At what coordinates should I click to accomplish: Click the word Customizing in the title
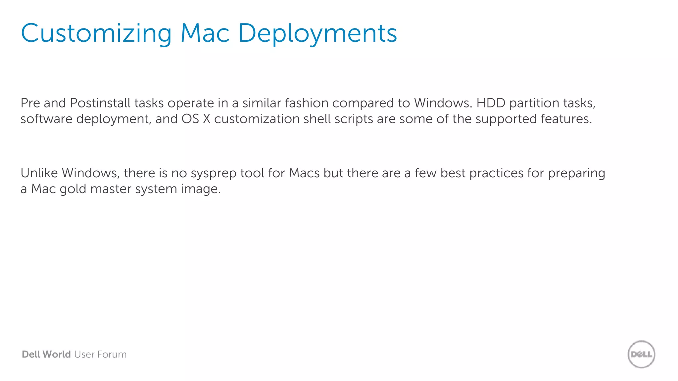coord(96,33)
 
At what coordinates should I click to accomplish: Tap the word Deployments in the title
coord(317,33)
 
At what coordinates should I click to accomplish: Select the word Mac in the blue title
coord(205,33)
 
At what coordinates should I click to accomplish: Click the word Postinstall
coord(100,103)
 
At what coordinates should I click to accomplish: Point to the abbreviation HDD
coord(491,103)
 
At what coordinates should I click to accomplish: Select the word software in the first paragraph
coord(46,119)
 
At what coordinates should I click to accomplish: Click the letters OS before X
coord(190,119)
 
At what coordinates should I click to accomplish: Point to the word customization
coord(257,119)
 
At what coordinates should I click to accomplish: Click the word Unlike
coord(39,173)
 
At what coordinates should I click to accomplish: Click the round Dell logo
coord(641,354)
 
